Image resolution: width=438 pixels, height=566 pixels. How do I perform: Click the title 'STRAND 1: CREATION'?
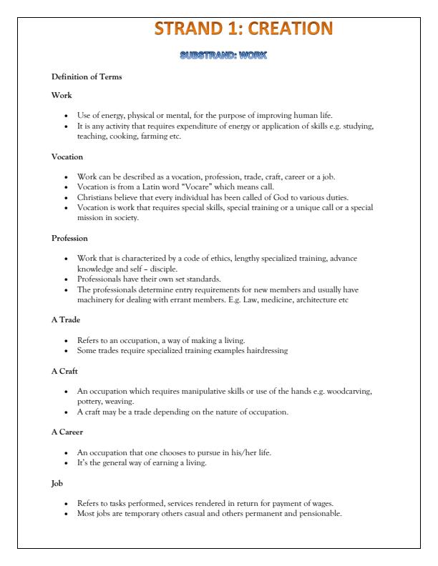coord(243,29)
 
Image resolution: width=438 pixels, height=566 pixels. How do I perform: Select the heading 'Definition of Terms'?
coord(82,76)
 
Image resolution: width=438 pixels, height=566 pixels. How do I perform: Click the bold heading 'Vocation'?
coord(68,157)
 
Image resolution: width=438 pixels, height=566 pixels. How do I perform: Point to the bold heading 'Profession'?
coord(70,238)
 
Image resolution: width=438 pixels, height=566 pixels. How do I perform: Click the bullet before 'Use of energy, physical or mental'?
coord(65,115)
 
